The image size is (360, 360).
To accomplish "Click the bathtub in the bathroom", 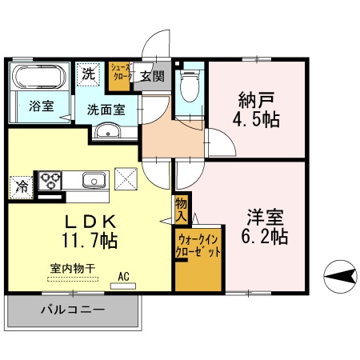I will (37, 78).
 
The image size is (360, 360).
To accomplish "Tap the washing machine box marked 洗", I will (88, 74).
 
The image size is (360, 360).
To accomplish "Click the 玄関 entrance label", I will (151, 77).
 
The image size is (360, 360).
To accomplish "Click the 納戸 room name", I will (255, 101).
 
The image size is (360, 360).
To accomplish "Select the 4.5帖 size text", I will (255, 121).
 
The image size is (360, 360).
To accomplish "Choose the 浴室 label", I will (42, 105).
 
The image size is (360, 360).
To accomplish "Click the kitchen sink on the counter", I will (94, 179).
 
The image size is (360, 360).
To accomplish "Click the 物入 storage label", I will (181, 209).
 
